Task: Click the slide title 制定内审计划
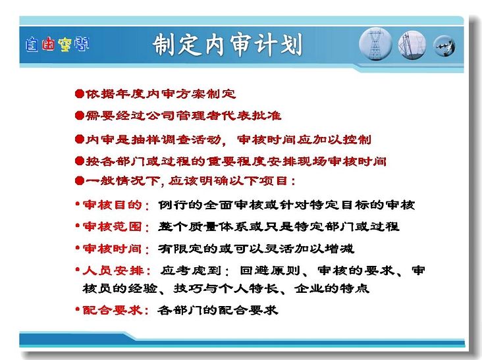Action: point(227,45)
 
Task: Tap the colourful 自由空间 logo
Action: point(57,45)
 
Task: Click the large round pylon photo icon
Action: point(375,44)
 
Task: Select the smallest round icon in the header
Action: point(444,46)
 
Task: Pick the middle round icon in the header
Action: point(412,45)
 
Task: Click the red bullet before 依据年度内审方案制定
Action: point(80,93)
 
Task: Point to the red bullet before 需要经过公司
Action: point(80,115)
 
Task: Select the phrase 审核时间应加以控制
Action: point(304,140)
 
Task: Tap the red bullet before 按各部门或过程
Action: point(80,161)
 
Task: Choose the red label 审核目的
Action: point(112,205)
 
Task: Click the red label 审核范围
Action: point(112,226)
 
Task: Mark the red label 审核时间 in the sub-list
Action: point(112,249)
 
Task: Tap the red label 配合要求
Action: point(112,310)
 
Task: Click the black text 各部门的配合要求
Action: point(218,310)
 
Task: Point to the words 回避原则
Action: point(270,270)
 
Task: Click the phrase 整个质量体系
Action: point(203,226)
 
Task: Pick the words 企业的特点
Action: point(332,288)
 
